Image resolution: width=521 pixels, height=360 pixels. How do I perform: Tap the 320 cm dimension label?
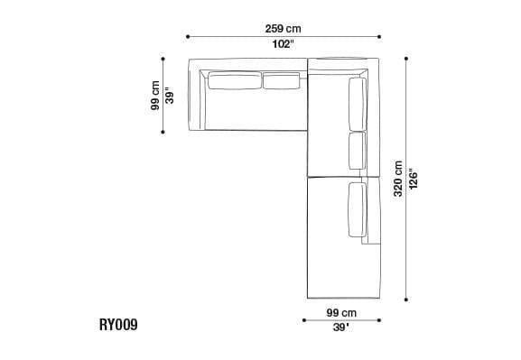coord(397,180)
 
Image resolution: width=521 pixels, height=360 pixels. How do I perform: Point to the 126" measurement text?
coord(414,180)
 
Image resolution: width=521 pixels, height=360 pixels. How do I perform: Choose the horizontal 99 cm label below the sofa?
coord(341,312)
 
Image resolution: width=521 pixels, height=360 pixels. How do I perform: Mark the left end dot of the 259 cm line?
coord(188,37)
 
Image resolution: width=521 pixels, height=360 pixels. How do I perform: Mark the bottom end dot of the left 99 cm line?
coord(163,132)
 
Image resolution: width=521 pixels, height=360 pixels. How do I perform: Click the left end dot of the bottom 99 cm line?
coord(306,319)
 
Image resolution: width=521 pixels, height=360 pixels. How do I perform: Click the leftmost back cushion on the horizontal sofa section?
coord(234,83)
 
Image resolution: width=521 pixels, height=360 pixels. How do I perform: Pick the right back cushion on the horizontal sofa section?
coord(281,83)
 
